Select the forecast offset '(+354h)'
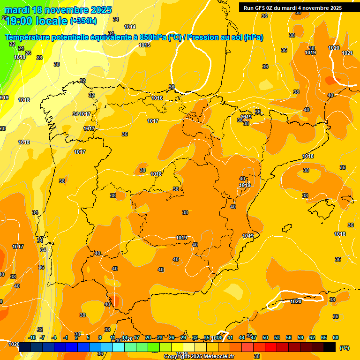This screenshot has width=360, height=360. point(83,21)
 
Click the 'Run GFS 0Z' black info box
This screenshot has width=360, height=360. point(292,8)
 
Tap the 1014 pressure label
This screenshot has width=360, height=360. point(130,27)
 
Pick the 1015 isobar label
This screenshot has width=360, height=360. point(144,45)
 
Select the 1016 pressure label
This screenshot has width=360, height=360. point(157,98)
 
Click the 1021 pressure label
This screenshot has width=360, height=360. point(347,53)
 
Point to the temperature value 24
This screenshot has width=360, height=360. point(21,48)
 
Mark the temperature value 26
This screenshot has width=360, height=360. point(28,53)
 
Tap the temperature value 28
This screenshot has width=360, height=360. point(39,58)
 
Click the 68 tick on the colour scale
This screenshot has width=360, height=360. point(335,337)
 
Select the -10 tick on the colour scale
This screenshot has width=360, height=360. point(32,337)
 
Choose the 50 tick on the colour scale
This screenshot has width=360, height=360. point(265,337)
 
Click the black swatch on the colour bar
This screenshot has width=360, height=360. point(330,347)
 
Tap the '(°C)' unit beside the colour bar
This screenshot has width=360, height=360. point(344,347)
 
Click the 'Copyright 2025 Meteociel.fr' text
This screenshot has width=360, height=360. point(199,357)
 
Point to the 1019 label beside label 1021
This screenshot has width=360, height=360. point(310,52)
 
